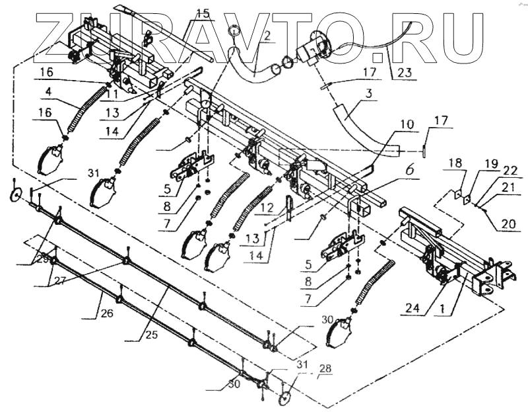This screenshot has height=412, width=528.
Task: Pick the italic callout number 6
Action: [x=409, y=169]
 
